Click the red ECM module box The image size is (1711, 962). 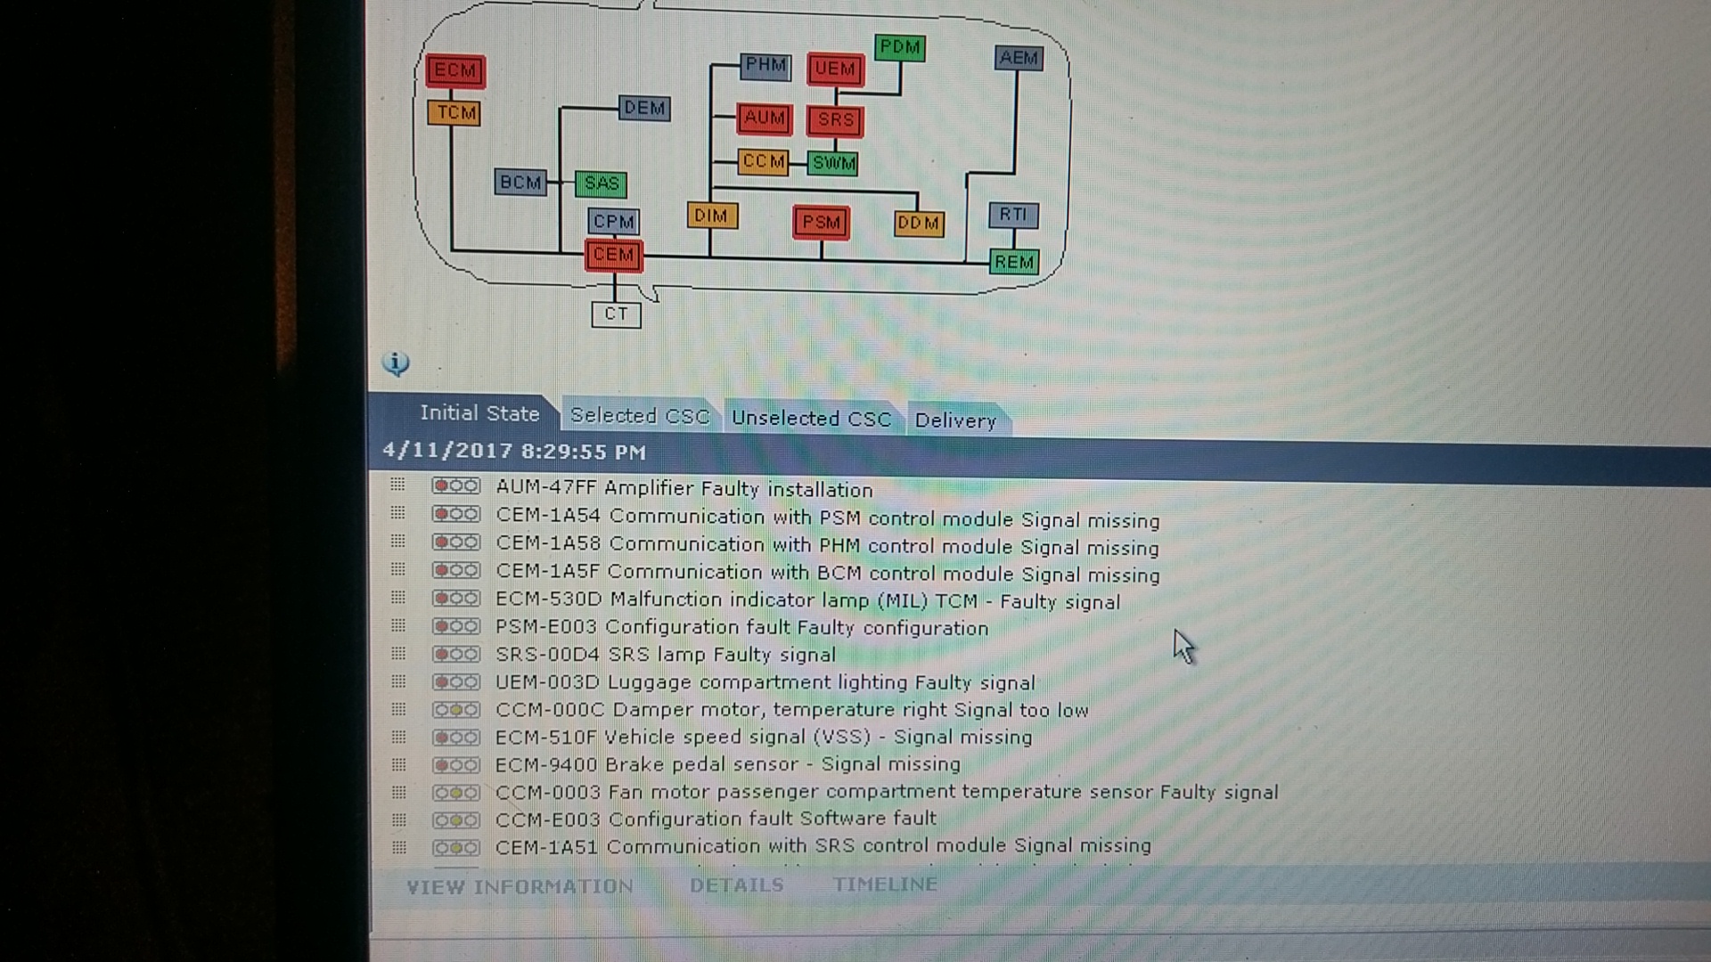pyautogui.click(x=455, y=70)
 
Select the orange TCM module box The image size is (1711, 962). pyautogui.click(x=454, y=112)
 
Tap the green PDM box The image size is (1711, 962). pyautogui.click(x=899, y=47)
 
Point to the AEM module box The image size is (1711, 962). pyautogui.click(x=1018, y=58)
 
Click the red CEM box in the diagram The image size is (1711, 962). pyautogui.click(x=613, y=255)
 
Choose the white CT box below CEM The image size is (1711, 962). pyautogui.click(x=616, y=314)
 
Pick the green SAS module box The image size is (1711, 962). pyautogui.click(x=601, y=183)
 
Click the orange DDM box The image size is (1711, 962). pyautogui.click(x=918, y=223)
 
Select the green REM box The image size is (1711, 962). pyautogui.click(x=1014, y=262)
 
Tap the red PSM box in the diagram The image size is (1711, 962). pyautogui.click(x=821, y=222)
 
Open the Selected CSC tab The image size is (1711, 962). pyautogui.click(x=639, y=416)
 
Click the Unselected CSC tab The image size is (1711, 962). pyautogui.click(x=811, y=419)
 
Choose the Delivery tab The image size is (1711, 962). pyautogui.click(x=954, y=420)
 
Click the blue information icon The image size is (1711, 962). pyautogui.click(x=396, y=363)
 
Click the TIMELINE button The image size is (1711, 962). pyautogui.click(x=884, y=885)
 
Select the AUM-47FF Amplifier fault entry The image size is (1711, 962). pyautogui.click(x=684, y=489)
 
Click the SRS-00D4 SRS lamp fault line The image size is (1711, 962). pyautogui.click(x=665, y=655)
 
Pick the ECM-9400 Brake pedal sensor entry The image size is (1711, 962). pyautogui.click(x=727, y=764)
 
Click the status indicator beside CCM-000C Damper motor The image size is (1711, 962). pyautogui.click(x=455, y=710)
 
